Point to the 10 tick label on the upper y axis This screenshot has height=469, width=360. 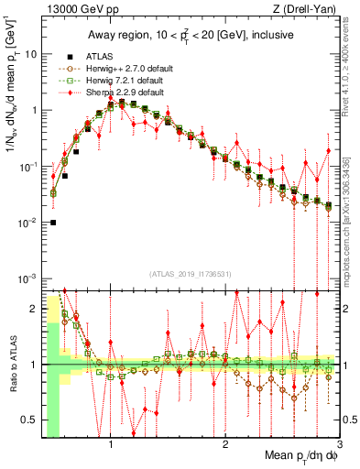(30, 54)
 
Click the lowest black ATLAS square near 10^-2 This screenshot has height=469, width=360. (53, 223)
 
